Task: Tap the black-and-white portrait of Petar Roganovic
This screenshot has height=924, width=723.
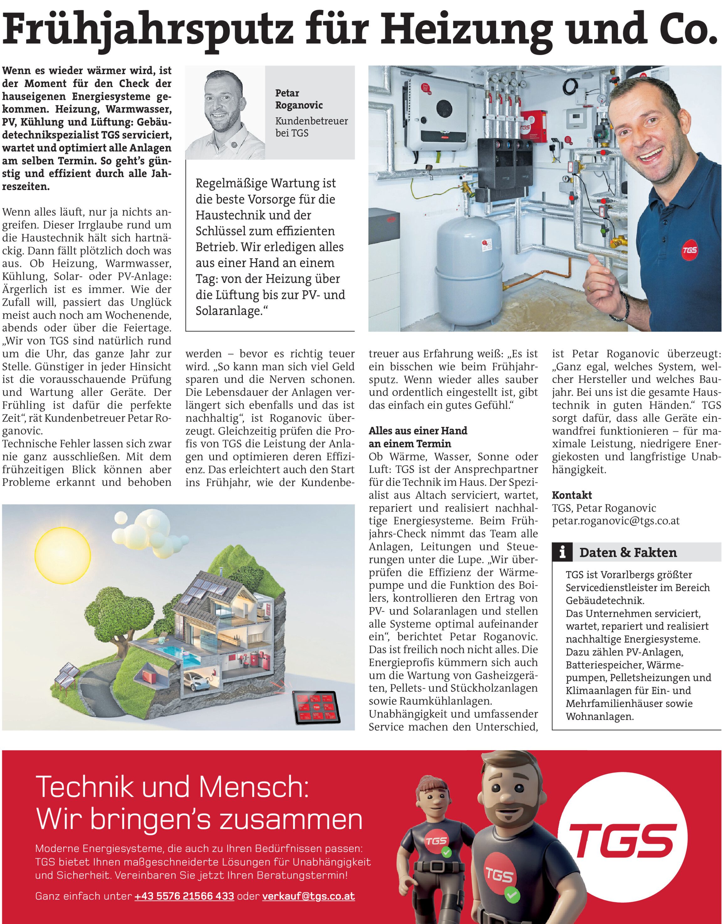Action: pyautogui.click(x=225, y=113)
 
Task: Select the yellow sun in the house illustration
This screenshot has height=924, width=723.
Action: pyautogui.click(x=63, y=554)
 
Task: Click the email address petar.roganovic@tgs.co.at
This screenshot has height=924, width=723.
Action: pyautogui.click(x=616, y=521)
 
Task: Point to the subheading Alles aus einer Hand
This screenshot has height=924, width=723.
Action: pyautogui.click(x=418, y=431)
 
